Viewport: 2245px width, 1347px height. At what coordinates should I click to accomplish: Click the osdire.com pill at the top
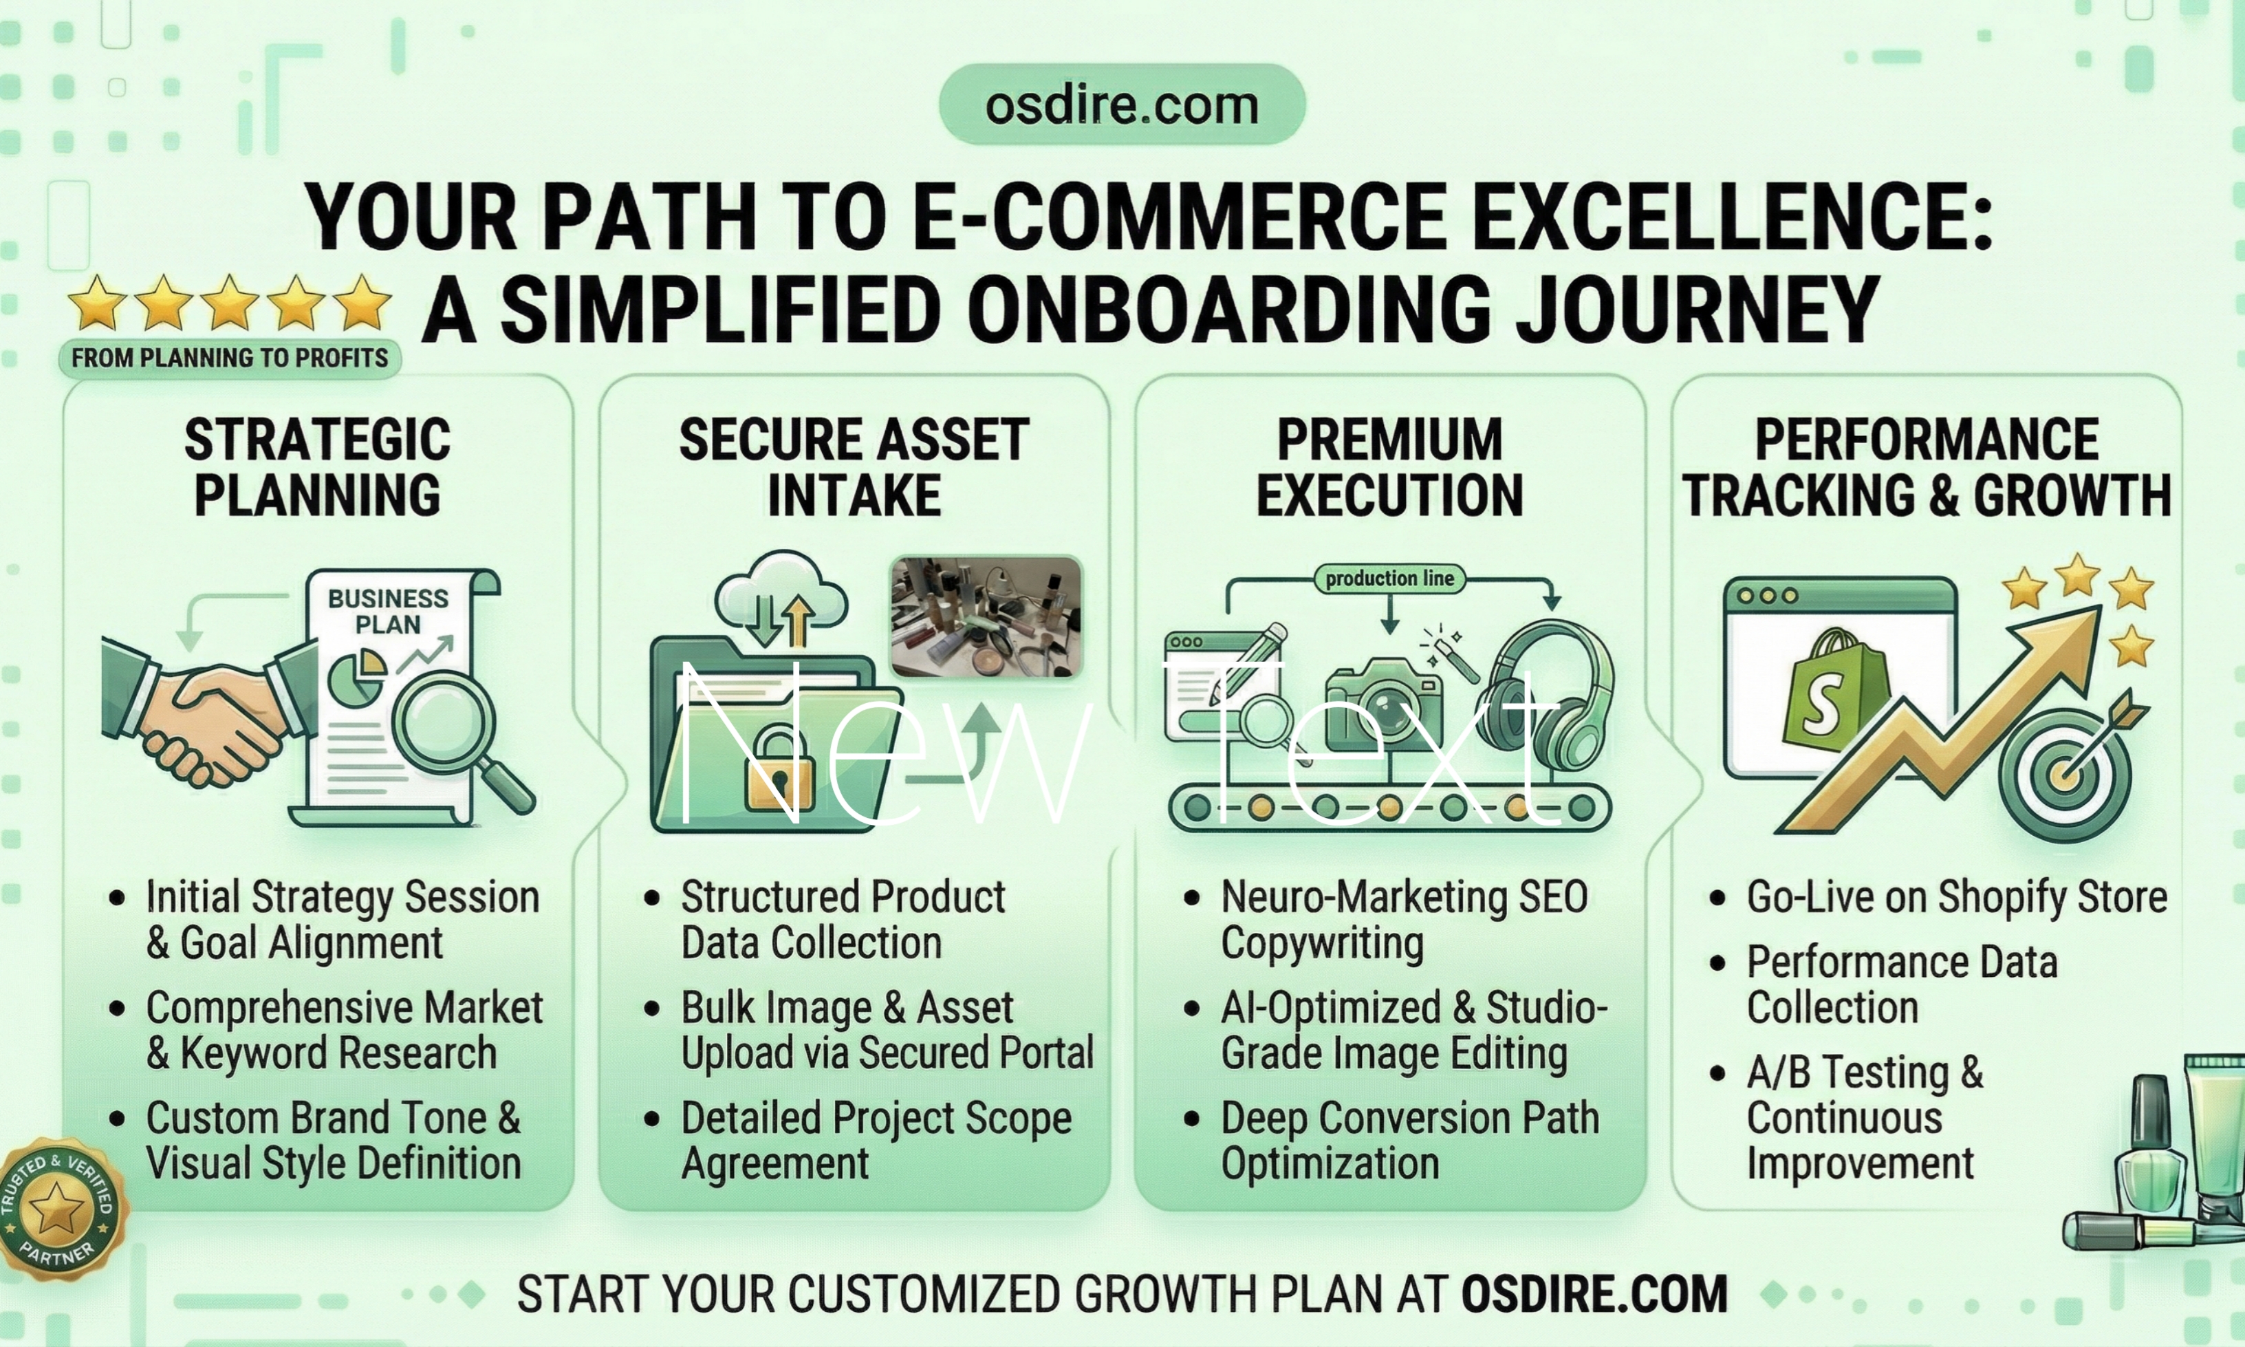tap(1122, 105)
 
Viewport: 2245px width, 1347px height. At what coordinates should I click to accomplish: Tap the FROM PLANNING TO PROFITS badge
tap(230, 358)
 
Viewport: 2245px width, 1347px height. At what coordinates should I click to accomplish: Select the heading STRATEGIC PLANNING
tap(318, 467)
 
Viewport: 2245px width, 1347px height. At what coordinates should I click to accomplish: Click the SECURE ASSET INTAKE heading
tap(854, 467)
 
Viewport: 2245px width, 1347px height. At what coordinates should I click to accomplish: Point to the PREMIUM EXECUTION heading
tap(1389, 467)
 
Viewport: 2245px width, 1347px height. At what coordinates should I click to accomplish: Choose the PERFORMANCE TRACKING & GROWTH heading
tap(1927, 467)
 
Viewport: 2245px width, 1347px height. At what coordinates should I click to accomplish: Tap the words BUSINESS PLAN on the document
tap(389, 611)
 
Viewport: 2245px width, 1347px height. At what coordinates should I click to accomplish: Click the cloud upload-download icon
tap(781, 599)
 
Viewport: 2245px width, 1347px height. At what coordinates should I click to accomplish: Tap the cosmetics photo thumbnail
tap(986, 616)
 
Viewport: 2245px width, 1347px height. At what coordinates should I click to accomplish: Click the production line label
tap(1389, 578)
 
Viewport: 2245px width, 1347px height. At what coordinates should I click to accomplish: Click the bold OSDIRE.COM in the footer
tap(1594, 1293)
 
